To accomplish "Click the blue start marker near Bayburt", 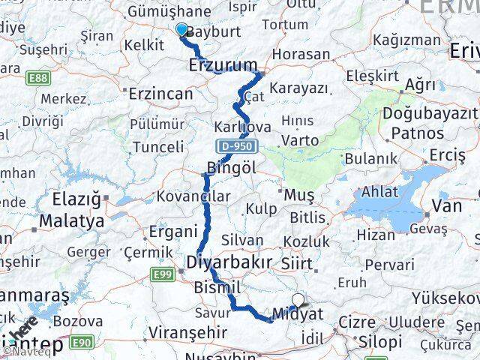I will [x=181, y=29].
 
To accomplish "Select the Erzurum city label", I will [x=223, y=64].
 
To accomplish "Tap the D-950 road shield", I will [x=237, y=145].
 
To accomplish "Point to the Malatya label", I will [x=71, y=221].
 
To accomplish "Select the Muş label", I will [x=300, y=195].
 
